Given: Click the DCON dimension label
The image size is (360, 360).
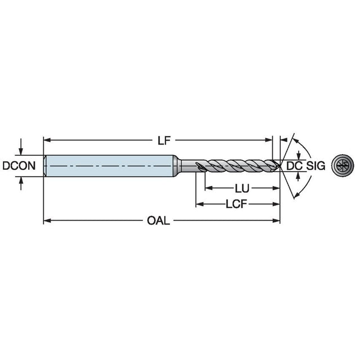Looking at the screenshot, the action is (x=19, y=165).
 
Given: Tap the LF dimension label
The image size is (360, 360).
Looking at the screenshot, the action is (x=164, y=140).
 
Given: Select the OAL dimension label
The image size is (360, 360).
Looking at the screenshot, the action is (x=159, y=220).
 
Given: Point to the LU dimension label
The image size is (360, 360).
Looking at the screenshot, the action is (x=242, y=188).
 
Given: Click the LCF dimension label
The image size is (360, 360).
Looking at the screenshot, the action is (x=236, y=204).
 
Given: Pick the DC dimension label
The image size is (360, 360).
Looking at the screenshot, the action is (x=294, y=165).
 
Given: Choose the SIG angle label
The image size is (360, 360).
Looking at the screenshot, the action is (x=316, y=165).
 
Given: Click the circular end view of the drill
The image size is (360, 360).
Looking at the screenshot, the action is (x=343, y=165).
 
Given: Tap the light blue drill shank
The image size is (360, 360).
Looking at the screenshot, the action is (x=110, y=166).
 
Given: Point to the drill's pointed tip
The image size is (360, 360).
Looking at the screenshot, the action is (x=280, y=165).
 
